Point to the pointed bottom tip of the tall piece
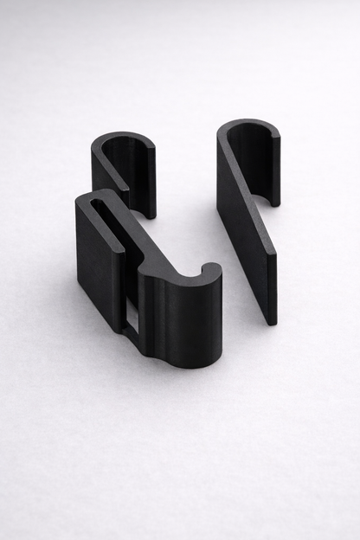pyautogui.click(x=272, y=318)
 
